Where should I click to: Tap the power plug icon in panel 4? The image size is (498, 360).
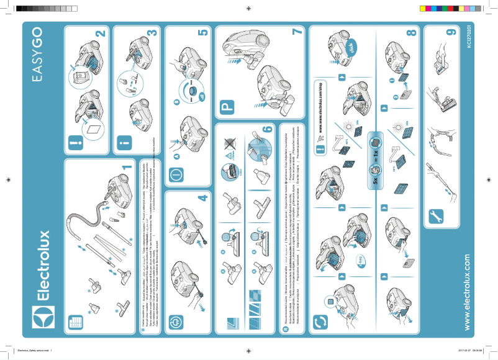click(176, 322)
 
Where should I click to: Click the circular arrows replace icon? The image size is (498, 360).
click(320, 322)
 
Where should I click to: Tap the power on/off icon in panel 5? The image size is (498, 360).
click(176, 174)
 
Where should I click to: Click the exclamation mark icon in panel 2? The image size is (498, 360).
click(76, 145)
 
